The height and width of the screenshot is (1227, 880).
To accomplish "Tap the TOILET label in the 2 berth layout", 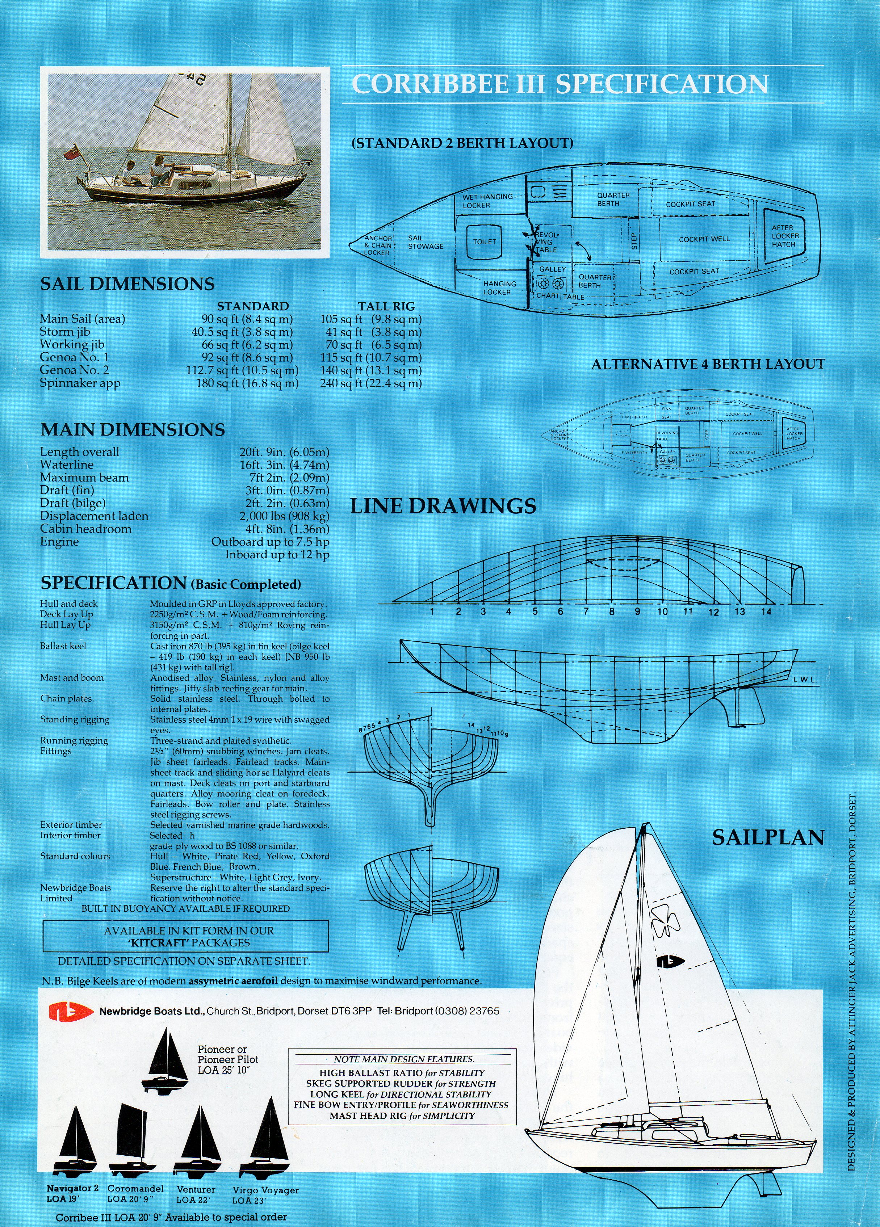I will point(485,242).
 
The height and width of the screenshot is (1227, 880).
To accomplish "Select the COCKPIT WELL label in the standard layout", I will point(704,239).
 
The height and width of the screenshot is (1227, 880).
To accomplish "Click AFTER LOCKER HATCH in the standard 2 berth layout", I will point(785,236).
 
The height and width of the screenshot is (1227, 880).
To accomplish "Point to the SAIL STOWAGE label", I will point(426,242).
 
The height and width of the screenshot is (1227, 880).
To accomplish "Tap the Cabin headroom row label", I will point(85,529).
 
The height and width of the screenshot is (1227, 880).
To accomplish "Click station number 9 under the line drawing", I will point(637,612).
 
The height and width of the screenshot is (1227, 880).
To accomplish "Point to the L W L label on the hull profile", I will point(804,680).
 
